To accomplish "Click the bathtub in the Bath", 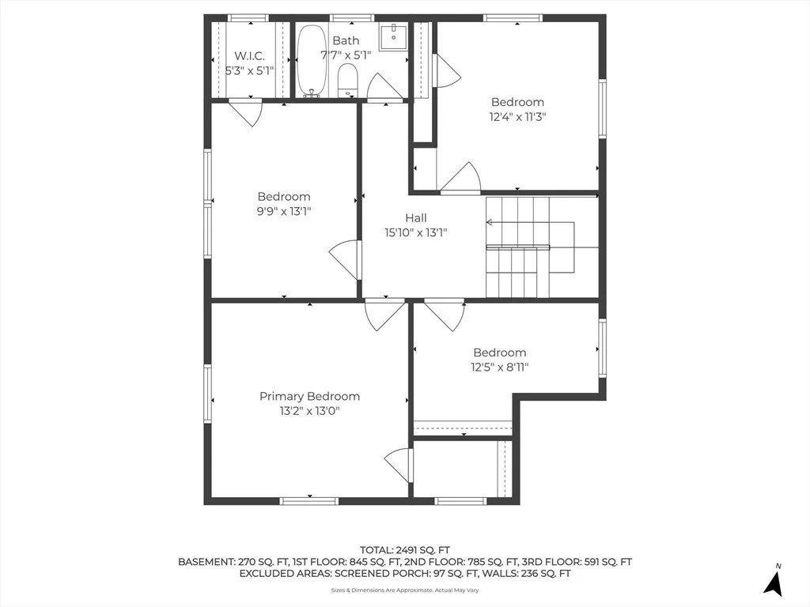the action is pyautogui.click(x=312, y=61).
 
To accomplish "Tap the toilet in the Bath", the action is pyautogui.click(x=348, y=80).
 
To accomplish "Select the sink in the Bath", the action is pyautogui.click(x=393, y=36).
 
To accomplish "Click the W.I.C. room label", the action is pyautogui.click(x=249, y=56).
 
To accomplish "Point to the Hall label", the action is pyautogui.click(x=416, y=218).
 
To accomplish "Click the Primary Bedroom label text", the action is pyautogui.click(x=309, y=397).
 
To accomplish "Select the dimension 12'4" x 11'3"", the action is pyautogui.click(x=517, y=117).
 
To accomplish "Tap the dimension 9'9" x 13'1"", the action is pyautogui.click(x=284, y=211).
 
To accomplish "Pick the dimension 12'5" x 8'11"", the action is pyautogui.click(x=500, y=367).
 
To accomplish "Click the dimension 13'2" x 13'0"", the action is pyautogui.click(x=309, y=411).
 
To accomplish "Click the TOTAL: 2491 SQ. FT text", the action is pyautogui.click(x=405, y=550).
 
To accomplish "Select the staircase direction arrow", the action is pyautogui.click(x=530, y=222).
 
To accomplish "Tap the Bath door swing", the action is pyautogui.click(x=384, y=85).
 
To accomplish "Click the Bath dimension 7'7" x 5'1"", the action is pyautogui.click(x=346, y=55).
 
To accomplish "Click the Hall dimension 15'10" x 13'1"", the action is pyautogui.click(x=416, y=232).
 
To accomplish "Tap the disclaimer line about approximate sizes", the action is pyautogui.click(x=405, y=590).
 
